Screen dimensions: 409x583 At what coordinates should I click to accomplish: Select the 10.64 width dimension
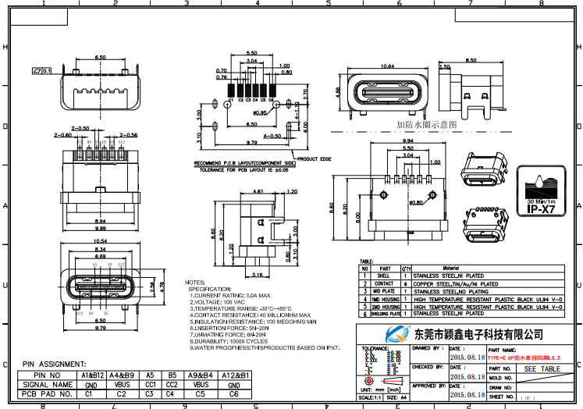pos(382,66)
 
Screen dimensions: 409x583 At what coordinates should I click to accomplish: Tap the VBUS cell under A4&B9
pos(121,385)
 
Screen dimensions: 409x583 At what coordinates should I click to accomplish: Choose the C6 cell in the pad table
pos(235,394)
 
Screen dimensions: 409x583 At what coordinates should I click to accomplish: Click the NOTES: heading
pos(195,282)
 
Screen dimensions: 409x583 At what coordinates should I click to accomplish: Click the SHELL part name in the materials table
pos(384,276)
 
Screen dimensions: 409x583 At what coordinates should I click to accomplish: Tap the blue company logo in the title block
pos(385,333)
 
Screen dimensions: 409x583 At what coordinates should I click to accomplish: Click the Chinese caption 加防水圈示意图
pos(425,124)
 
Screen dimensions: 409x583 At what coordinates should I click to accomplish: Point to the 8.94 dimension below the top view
pos(101,221)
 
